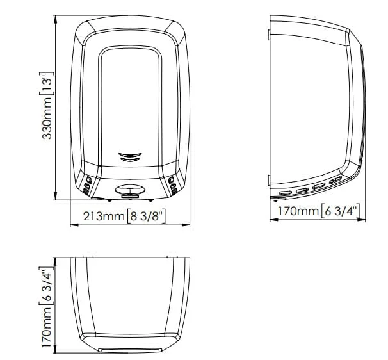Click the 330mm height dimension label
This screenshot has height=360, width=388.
pos(47,118)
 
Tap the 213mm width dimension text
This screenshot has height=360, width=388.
pos(104,216)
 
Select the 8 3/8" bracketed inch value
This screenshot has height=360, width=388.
pos(146,216)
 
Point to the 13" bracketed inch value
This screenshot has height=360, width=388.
pos(47,83)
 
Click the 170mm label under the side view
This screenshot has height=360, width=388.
pos(298,211)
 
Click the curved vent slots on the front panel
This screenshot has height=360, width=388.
pos(130,157)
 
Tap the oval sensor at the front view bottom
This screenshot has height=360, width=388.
pos(130,190)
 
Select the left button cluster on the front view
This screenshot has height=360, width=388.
pos(87,185)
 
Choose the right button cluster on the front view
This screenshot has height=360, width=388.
pos(172,185)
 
